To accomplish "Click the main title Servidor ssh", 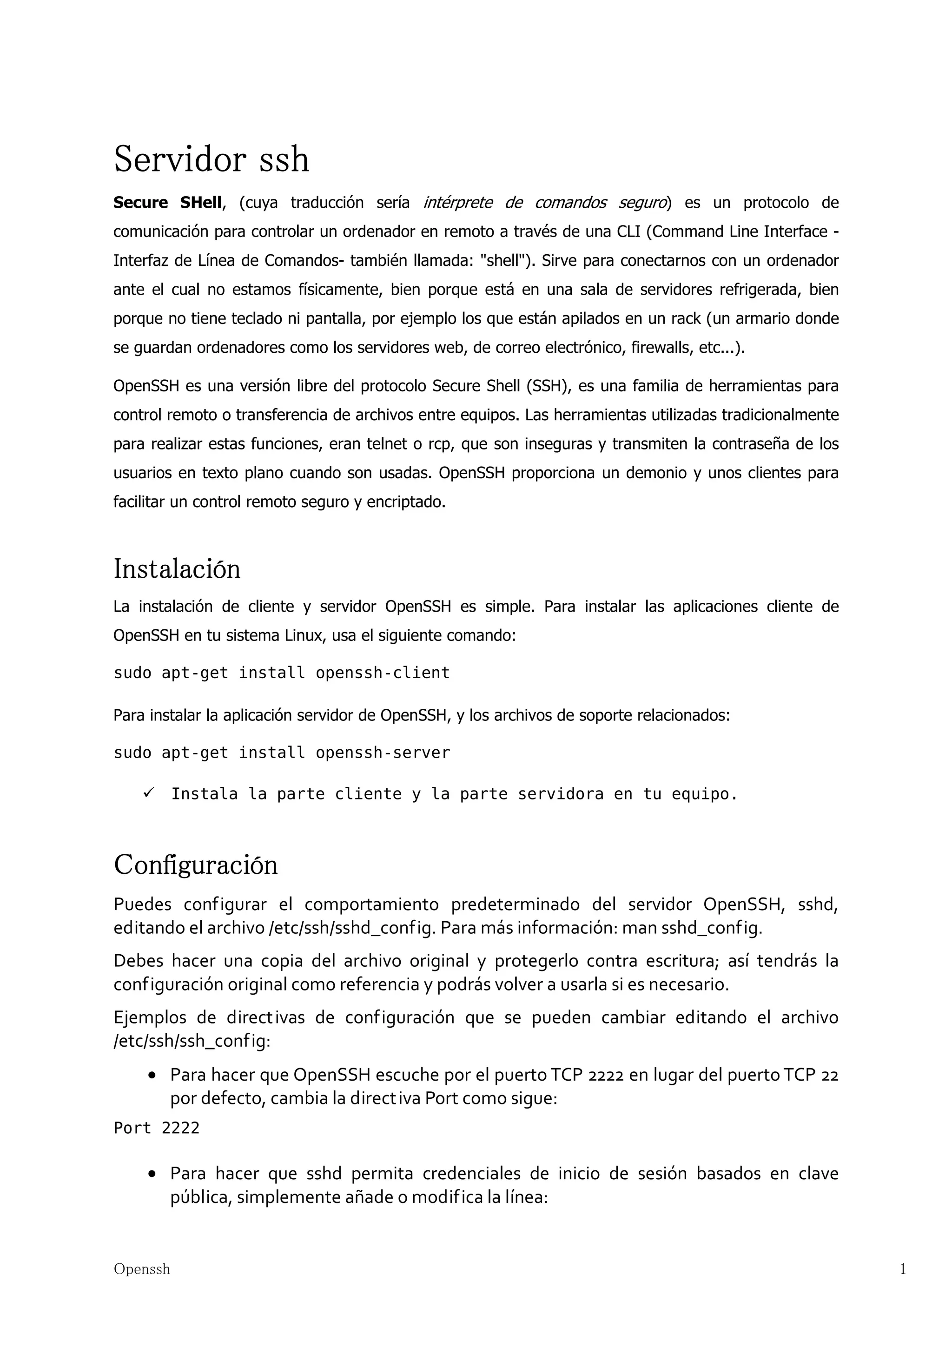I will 211,159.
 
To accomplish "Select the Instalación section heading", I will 177,569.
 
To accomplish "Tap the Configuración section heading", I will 195,865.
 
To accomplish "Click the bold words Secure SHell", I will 168,203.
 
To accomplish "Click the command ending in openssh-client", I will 282,673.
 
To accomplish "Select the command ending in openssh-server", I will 282,753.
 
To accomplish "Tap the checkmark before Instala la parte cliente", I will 148,793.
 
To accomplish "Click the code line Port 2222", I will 157,1128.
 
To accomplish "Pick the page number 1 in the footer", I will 903,1269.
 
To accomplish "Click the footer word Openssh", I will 142,1269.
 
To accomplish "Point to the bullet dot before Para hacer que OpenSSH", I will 152,1076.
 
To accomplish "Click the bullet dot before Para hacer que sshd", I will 152,1174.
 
